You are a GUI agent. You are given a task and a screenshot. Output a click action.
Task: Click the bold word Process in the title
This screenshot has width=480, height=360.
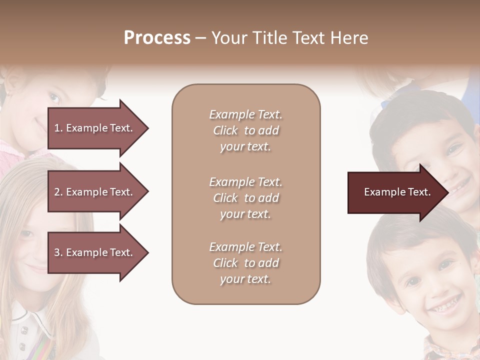pyautogui.click(x=157, y=38)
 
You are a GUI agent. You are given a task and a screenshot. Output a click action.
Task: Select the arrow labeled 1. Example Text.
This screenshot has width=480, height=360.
pyautogui.click(x=95, y=128)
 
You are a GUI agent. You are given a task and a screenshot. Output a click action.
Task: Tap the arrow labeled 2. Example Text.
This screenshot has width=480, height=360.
pyautogui.click(x=95, y=192)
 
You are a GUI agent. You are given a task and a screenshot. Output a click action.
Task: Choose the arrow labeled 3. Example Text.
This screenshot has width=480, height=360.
pyautogui.click(x=95, y=252)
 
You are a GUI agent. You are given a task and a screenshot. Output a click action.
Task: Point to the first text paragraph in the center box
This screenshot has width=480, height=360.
pyautogui.click(x=245, y=130)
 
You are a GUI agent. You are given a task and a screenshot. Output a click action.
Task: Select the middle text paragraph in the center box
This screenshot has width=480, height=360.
pyautogui.click(x=245, y=198)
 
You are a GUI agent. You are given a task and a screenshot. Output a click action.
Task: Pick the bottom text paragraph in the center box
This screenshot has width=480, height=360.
pyautogui.click(x=245, y=263)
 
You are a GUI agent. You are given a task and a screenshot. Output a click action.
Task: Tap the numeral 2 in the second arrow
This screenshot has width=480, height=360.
pyautogui.click(x=56, y=192)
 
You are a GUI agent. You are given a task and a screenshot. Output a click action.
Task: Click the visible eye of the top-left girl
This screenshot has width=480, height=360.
pyautogui.click(x=53, y=98)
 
